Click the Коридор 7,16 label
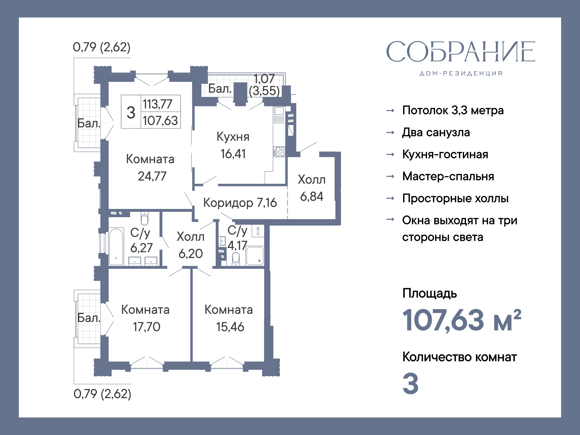[x=240, y=203]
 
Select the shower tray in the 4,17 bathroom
[x=255, y=256]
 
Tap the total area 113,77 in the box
[x=157, y=104]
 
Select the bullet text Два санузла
[x=436, y=132]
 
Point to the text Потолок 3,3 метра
[x=453, y=110]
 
